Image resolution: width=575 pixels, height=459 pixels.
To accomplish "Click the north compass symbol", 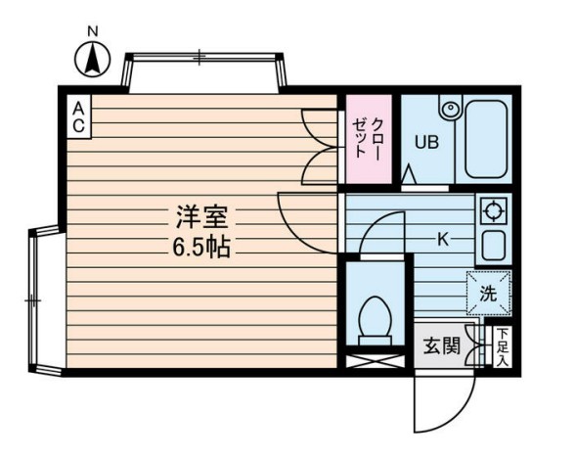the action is coord(92,59).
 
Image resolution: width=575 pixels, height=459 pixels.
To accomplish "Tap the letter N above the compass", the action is coord(93,31).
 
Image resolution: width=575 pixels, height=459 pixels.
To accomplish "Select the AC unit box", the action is coord(78,116).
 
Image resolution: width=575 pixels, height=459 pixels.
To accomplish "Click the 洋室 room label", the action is coord(202,217).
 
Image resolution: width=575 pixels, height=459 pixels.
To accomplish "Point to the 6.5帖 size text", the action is coord(201,247).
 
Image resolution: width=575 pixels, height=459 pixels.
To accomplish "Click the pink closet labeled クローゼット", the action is coord(369,139).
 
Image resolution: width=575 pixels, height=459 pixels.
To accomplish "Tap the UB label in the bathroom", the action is coord(426,142).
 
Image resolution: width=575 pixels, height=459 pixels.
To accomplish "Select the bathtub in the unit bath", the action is coord(486,139).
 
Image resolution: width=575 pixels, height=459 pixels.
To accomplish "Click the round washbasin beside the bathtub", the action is coord(450,109).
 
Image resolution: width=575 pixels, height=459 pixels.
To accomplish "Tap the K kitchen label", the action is coord(443,241).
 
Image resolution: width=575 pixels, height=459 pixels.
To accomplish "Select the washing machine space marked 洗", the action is coord(489,294).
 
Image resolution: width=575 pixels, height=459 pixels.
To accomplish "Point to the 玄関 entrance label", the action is coord(442,345).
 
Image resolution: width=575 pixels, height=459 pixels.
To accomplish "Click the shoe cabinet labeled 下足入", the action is coord(503,346).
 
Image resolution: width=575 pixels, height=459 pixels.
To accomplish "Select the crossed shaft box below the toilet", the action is coord(375,361).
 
